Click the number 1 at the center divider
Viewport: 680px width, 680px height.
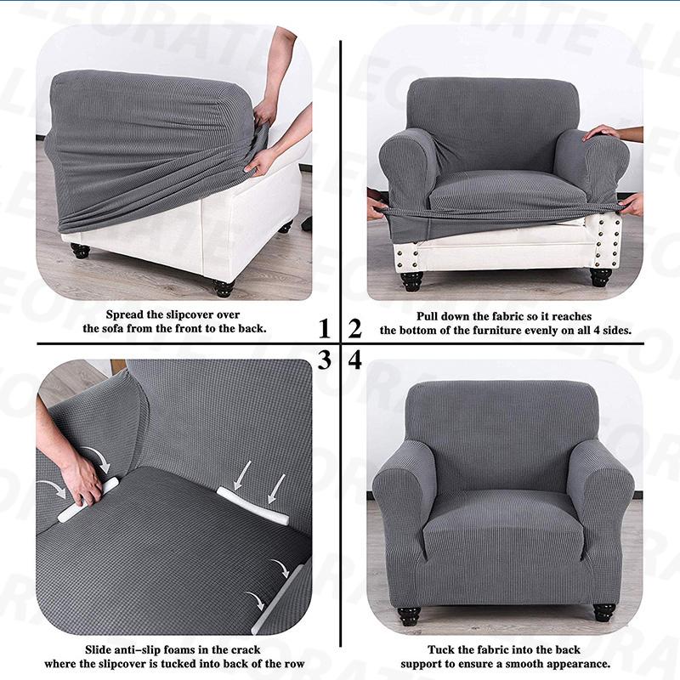[x=324, y=328]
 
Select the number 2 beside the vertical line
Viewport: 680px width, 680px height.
[x=354, y=328]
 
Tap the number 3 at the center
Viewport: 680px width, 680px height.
[x=324, y=360]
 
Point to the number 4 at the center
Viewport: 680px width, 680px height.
[x=354, y=360]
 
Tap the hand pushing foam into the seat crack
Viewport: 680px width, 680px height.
[x=81, y=480]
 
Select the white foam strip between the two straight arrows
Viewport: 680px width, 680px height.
[x=252, y=505]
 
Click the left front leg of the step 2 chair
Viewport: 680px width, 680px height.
[x=412, y=280]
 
